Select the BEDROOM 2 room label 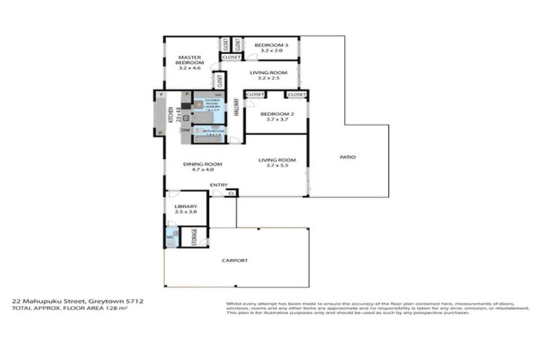(x=276, y=114)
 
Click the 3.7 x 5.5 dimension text (x=276, y=166)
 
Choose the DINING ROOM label (x=198, y=164)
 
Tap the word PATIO (x=347, y=157)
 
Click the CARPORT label (x=235, y=260)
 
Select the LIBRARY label (x=186, y=206)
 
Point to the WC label (x=170, y=238)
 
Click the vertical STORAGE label (x=194, y=237)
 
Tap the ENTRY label (x=218, y=186)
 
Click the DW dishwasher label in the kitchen (x=185, y=130)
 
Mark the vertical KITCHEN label (x=170, y=112)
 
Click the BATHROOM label (x=213, y=131)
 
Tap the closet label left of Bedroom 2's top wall (x=254, y=94)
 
